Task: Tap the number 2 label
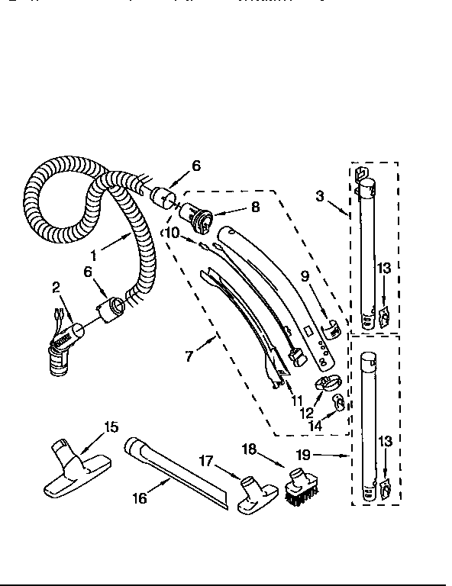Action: click(56, 287)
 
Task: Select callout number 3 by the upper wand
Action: click(319, 196)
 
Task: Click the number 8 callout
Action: click(255, 206)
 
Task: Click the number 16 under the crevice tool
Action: click(140, 498)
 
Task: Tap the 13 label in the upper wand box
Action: click(384, 268)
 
